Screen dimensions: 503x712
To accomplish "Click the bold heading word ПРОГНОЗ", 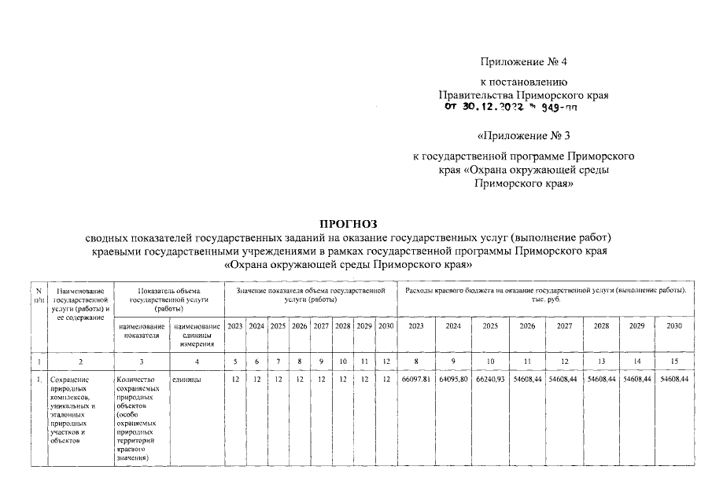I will point(355,223).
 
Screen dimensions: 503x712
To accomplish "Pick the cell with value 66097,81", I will point(416,380).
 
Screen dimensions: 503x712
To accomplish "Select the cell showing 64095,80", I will point(453,380).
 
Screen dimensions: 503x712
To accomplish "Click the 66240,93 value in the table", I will point(490,380).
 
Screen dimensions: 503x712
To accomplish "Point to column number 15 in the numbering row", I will point(673,361).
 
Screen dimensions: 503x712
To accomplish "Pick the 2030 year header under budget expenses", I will point(673,325).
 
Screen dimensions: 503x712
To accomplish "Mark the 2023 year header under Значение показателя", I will point(234,325).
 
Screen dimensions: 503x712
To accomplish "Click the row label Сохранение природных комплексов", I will point(75,409).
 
